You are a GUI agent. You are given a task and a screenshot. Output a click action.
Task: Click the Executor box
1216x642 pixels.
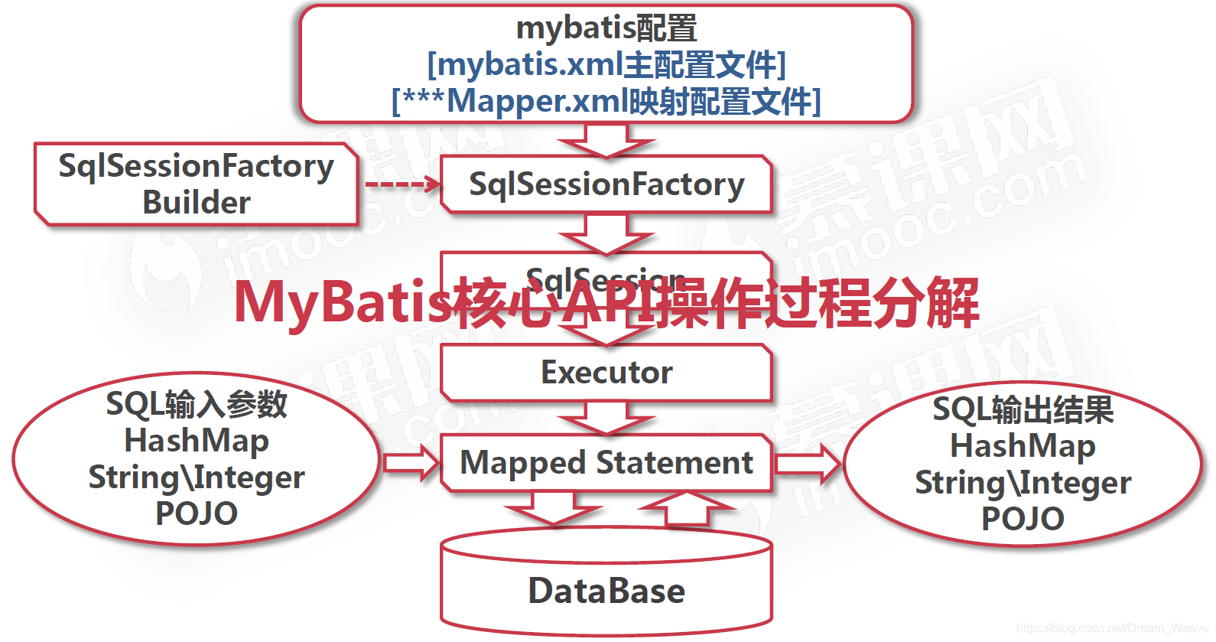606,373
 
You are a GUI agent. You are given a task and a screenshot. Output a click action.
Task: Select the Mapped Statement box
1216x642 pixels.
606,463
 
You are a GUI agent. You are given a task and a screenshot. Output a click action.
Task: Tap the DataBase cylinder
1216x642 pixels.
606,589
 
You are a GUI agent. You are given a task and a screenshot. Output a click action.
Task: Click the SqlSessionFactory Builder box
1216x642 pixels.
196,184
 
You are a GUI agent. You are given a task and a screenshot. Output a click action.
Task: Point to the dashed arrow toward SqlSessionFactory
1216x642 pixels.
402,184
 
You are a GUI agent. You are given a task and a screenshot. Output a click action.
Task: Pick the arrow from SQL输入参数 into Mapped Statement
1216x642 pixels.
411,463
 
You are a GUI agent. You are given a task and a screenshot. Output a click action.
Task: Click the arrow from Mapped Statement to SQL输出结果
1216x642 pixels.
808,463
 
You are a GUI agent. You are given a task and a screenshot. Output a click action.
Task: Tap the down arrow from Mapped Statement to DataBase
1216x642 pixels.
552,508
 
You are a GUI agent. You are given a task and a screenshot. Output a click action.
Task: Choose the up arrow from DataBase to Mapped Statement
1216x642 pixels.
686,508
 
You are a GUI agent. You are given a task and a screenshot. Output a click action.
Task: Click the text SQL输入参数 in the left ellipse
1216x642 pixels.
197,404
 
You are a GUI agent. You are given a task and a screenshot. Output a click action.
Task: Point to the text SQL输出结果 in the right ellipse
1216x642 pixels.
1023,409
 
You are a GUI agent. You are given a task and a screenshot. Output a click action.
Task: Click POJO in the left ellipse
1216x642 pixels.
197,513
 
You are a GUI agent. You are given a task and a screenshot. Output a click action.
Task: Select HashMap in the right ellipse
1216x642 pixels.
1023,446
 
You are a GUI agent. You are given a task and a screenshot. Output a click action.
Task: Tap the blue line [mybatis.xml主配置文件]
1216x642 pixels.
606,65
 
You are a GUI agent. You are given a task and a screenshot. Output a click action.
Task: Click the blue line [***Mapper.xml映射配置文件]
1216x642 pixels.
606,101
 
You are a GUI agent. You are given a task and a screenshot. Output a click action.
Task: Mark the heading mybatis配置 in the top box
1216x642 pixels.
606,28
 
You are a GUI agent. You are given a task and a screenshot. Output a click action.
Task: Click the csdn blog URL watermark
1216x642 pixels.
1112,628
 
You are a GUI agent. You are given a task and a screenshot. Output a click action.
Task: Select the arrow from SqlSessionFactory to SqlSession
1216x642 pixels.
606,233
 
